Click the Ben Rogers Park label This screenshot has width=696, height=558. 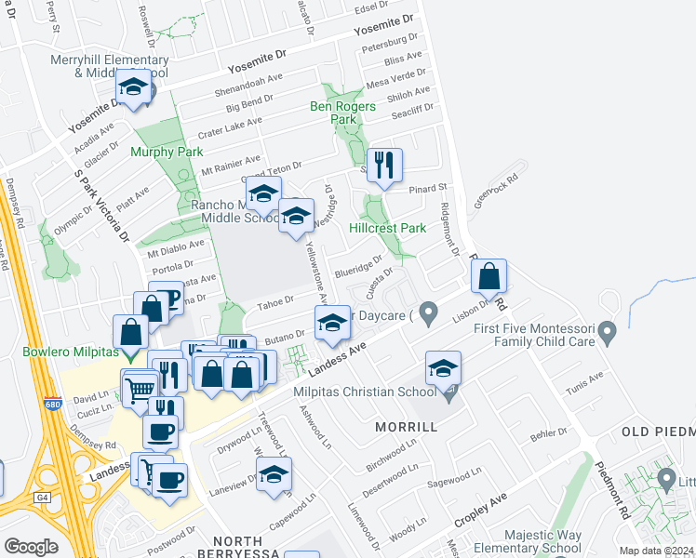tap(342, 113)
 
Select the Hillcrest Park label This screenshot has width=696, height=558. tap(387, 228)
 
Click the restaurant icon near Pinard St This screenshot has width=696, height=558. tap(384, 166)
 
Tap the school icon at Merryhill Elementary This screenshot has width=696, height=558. tap(134, 88)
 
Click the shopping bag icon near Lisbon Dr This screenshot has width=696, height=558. tap(489, 276)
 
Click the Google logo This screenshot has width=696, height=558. tap(31, 547)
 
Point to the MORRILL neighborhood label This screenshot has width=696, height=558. tap(406, 426)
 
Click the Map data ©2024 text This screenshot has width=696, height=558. tap(657, 551)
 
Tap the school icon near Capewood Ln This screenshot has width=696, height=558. tap(274, 476)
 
